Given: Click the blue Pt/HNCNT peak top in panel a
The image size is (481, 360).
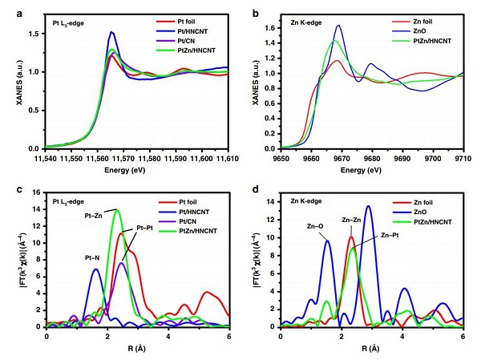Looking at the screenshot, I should [x=111, y=32].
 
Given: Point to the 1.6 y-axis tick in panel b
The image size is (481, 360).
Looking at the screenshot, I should [x=272, y=27].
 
